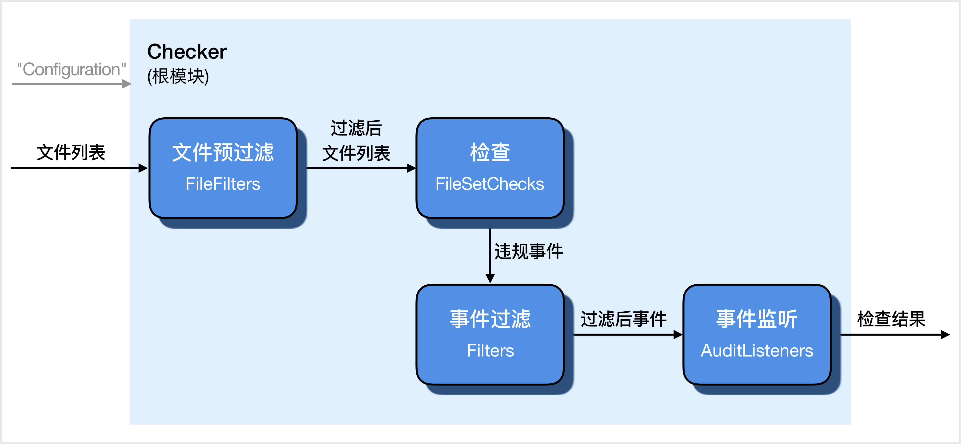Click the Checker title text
187,52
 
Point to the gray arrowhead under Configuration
127,84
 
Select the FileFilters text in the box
223,184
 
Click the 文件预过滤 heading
223,152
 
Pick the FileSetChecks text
490,184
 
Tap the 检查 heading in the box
490,152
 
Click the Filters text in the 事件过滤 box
490,350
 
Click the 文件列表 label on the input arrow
71,152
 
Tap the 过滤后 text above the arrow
356,128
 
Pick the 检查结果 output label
891,319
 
